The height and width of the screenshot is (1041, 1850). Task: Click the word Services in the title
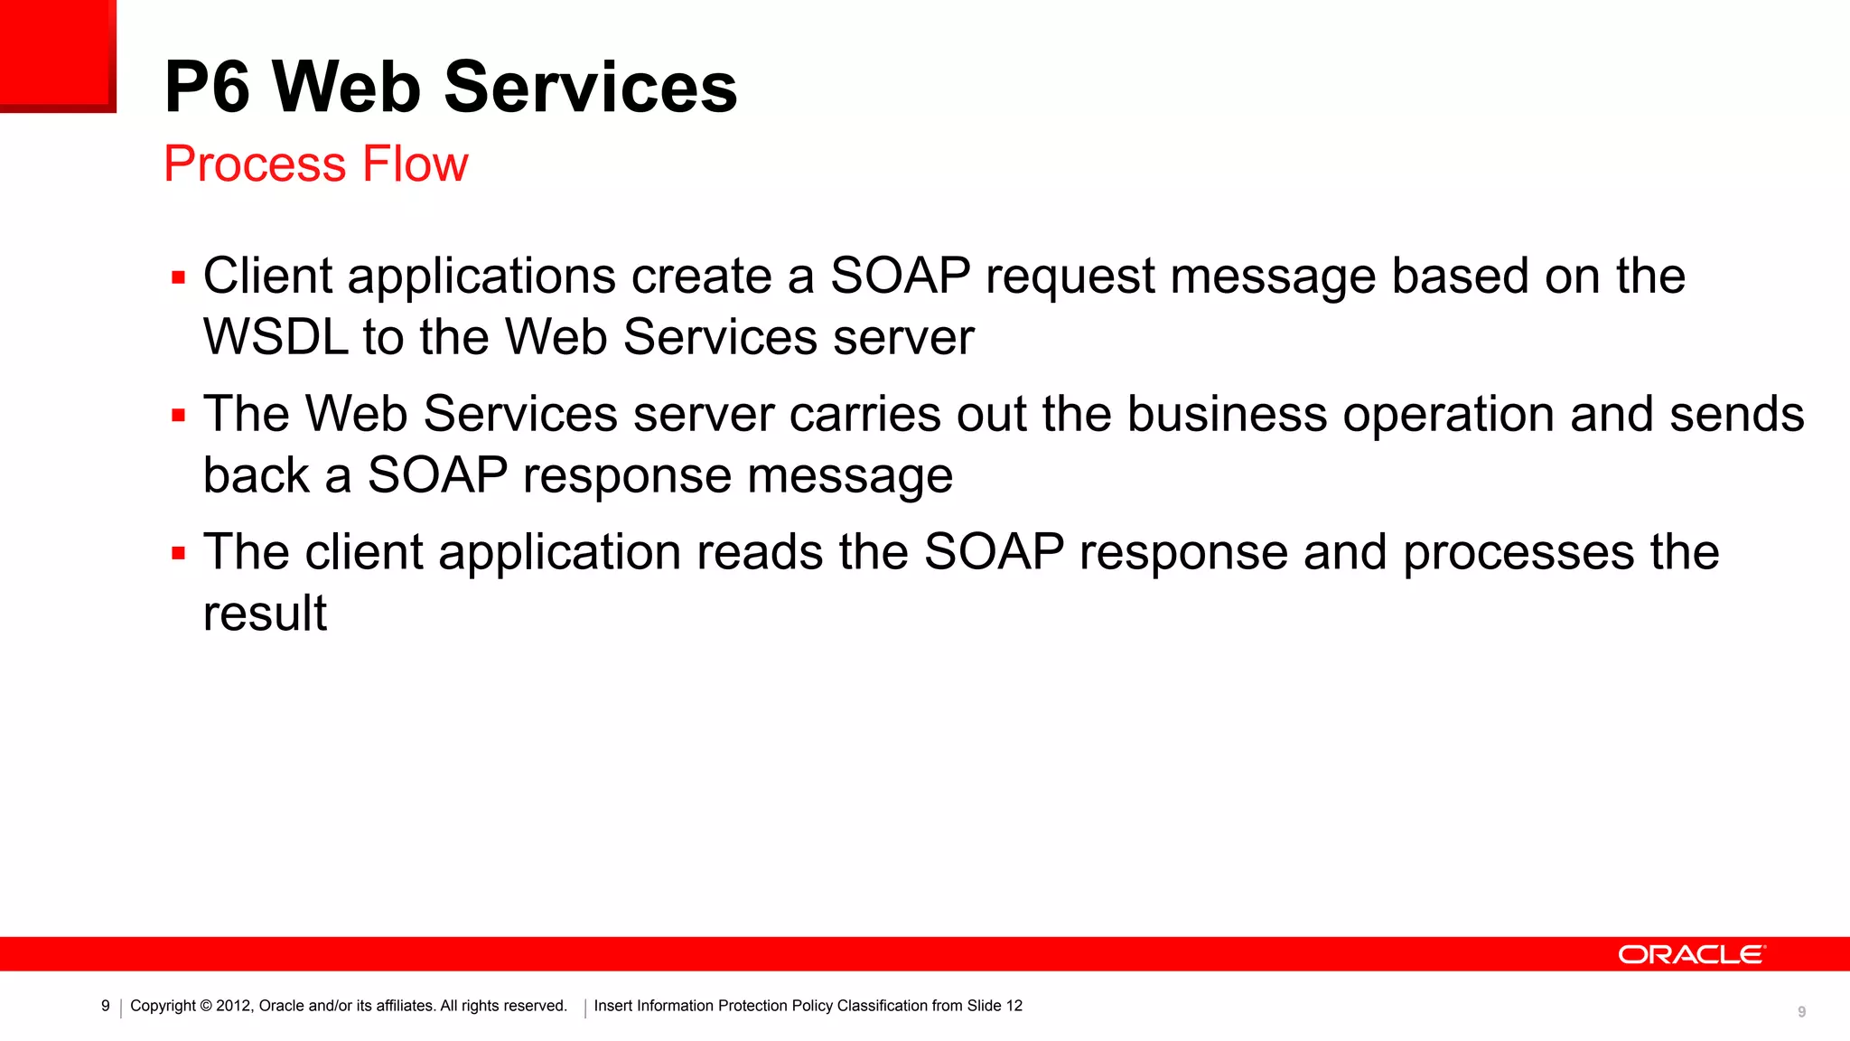pyautogui.click(x=590, y=88)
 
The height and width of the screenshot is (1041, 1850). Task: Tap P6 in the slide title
pyautogui.click(x=207, y=88)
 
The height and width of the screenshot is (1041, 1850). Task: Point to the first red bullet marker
pyautogui.click(x=178, y=278)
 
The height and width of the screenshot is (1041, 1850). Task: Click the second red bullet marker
pyautogui.click(x=178, y=417)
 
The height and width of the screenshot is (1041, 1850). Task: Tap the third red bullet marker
pyautogui.click(x=178, y=554)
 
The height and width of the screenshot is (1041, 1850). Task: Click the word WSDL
pyautogui.click(x=276, y=338)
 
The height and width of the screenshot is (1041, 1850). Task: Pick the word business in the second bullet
pyautogui.click(x=1227, y=415)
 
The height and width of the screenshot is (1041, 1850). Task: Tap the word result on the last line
pyautogui.click(x=265, y=614)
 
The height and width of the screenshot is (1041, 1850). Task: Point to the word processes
pyautogui.click(x=1518, y=554)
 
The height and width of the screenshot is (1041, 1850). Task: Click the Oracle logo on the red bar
pyautogui.click(x=1690, y=955)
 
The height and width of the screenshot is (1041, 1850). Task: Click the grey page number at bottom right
pyautogui.click(x=1801, y=1012)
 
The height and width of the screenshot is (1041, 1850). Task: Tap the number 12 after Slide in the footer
pyautogui.click(x=1014, y=1006)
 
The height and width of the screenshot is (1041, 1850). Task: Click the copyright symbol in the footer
pyautogui.click(x=206, y=1006)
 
